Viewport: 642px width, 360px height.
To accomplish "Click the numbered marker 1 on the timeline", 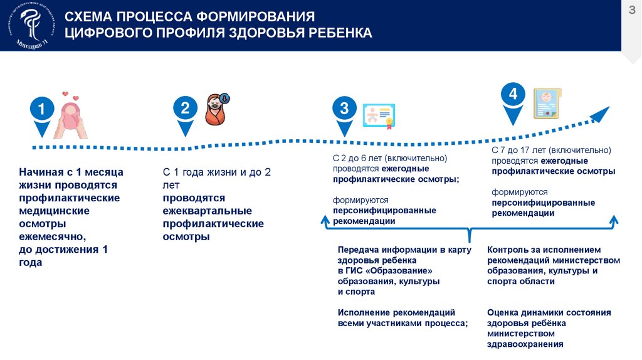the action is [41, 110].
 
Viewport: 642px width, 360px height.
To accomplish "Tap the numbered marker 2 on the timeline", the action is [185, 109].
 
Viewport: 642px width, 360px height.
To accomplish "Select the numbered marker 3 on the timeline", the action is [344, 109].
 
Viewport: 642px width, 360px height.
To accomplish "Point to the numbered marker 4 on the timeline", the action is [513, 95].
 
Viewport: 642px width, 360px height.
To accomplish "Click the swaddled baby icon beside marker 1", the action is [71, 115].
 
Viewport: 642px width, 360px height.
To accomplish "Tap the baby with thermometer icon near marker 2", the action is [218, 110].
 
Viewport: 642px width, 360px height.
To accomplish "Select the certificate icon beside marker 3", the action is [379, 115].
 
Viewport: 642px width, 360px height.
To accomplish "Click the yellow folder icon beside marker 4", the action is [547, 103].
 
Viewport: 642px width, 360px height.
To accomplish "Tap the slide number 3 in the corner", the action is [632, 10].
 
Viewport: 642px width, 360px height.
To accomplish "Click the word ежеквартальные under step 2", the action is [207, 211].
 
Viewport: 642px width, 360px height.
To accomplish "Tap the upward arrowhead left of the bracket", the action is [325, 220].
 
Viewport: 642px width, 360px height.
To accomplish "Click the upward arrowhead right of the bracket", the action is [614, 220].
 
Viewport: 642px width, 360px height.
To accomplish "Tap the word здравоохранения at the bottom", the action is [525, 344].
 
